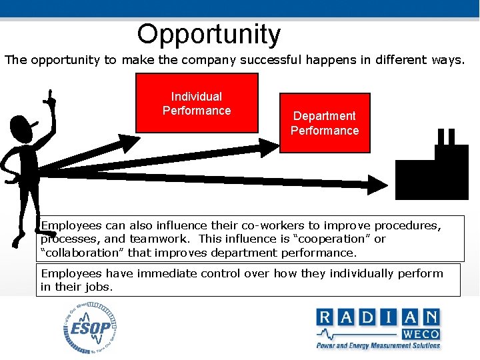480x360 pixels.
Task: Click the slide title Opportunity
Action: [209, 34]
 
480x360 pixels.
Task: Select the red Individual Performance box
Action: [197, 103]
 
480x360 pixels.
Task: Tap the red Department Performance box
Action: [324, 123]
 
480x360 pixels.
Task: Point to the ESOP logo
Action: [90, 328]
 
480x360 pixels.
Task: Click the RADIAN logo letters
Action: [378, 317]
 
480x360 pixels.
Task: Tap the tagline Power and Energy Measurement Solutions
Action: [378, 345]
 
